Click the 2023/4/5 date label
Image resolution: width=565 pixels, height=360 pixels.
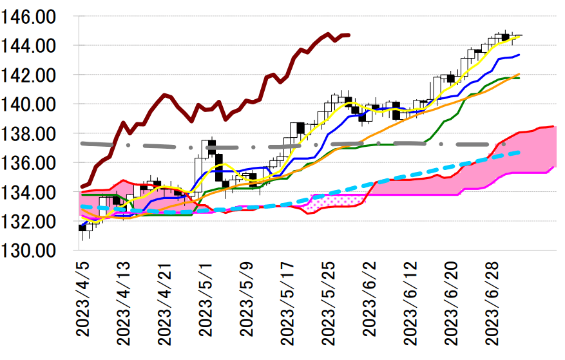pyautogui.click(x=82, y=303)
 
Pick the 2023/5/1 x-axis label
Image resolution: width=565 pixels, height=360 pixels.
pyautogui.click(x=206, y=303)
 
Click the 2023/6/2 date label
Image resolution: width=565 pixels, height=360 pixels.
pyautogui.click(x=370, y=303)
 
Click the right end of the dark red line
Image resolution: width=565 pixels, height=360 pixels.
pyautogui.click(x=349, y=35)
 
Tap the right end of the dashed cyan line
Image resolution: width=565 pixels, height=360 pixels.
pyautogui.click(x=519, y=152)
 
